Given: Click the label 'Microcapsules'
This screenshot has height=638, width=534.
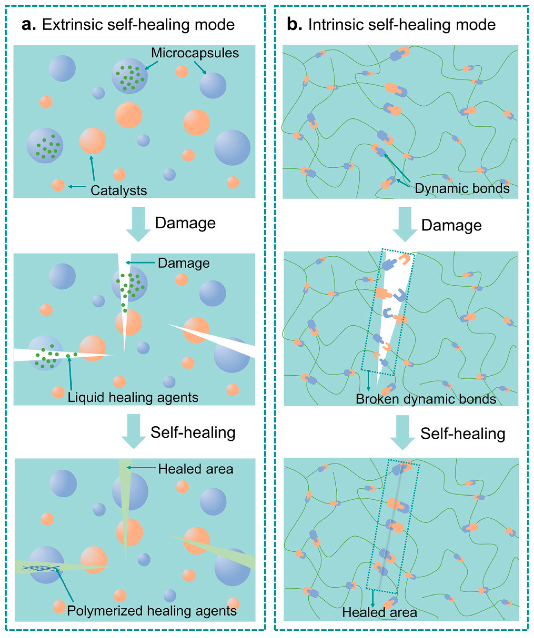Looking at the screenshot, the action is (x=195, y=53).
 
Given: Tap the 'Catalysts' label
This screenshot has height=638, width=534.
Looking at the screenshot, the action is (x=119, y=191).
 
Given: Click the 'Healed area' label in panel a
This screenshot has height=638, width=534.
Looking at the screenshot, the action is (x=196, y=469).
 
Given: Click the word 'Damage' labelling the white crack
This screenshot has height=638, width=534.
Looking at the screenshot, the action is (x=184, y=263).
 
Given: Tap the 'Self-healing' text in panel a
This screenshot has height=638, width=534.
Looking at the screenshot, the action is (x=193, y=432).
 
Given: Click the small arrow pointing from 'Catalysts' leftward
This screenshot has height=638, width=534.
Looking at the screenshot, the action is (x=77, y=186).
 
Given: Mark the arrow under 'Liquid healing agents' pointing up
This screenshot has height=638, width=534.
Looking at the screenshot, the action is (x=70, y=374).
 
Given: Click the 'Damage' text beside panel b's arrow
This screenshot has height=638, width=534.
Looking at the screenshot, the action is (x=452, y=225).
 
